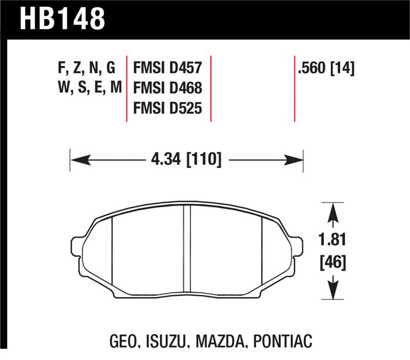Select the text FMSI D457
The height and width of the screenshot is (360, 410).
(x=168, y=68)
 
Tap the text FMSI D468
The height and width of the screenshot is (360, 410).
(x=168, y=88)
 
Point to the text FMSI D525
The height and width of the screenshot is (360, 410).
(x=168, y=108)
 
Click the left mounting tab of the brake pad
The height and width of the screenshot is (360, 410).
(x=76, y=246)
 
